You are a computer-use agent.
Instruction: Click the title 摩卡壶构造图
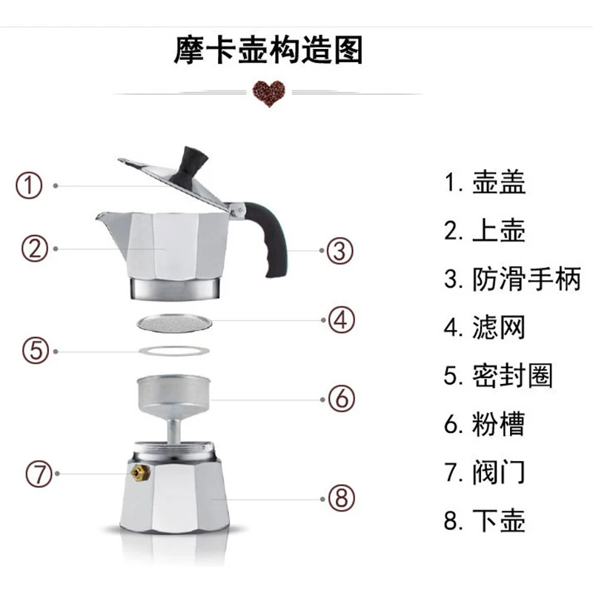click(x=268, y=50)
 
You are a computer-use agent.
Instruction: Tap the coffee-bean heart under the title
click(x=269, y=93)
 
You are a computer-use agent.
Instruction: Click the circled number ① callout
click(x=29, y=186)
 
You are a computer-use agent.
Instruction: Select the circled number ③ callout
click(x=340, y=251)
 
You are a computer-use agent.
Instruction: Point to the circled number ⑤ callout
click(x=36, y=351)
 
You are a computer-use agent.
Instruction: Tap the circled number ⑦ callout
click(x=39, y=474)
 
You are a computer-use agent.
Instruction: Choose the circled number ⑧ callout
click(x=342, y=498)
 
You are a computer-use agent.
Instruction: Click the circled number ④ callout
click(x=342, y=320)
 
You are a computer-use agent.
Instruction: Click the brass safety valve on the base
click(x=140, y=473)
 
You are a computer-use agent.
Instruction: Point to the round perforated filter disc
click(x=174, y=323)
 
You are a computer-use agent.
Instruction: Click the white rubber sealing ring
click(x=174, y=351)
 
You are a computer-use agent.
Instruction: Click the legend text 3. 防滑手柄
click(x=512, y=279)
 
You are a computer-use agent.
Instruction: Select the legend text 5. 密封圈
click(x=498, y=376)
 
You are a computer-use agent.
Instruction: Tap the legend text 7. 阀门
click(x=485, y=472)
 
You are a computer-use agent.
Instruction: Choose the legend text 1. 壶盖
click(x=485, y=182)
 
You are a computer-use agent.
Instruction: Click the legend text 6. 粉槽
click(x=485, y=424)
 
